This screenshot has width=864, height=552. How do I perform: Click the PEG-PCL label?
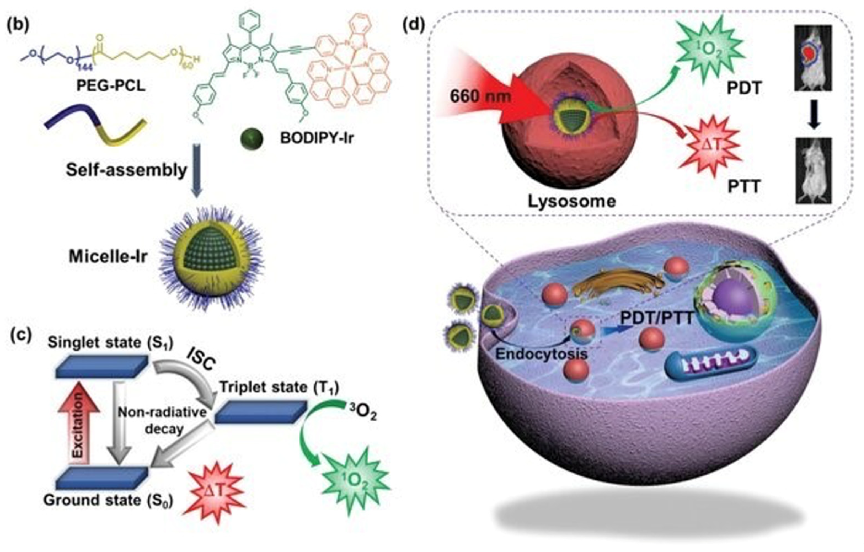111,86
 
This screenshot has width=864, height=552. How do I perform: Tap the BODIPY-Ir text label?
317,138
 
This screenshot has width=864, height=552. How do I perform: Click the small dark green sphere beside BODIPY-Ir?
252,139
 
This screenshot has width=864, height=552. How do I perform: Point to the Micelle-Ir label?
108,257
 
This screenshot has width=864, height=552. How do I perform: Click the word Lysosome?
572,201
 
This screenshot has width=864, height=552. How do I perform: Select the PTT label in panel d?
744,187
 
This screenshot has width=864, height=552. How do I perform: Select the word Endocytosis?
541,354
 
